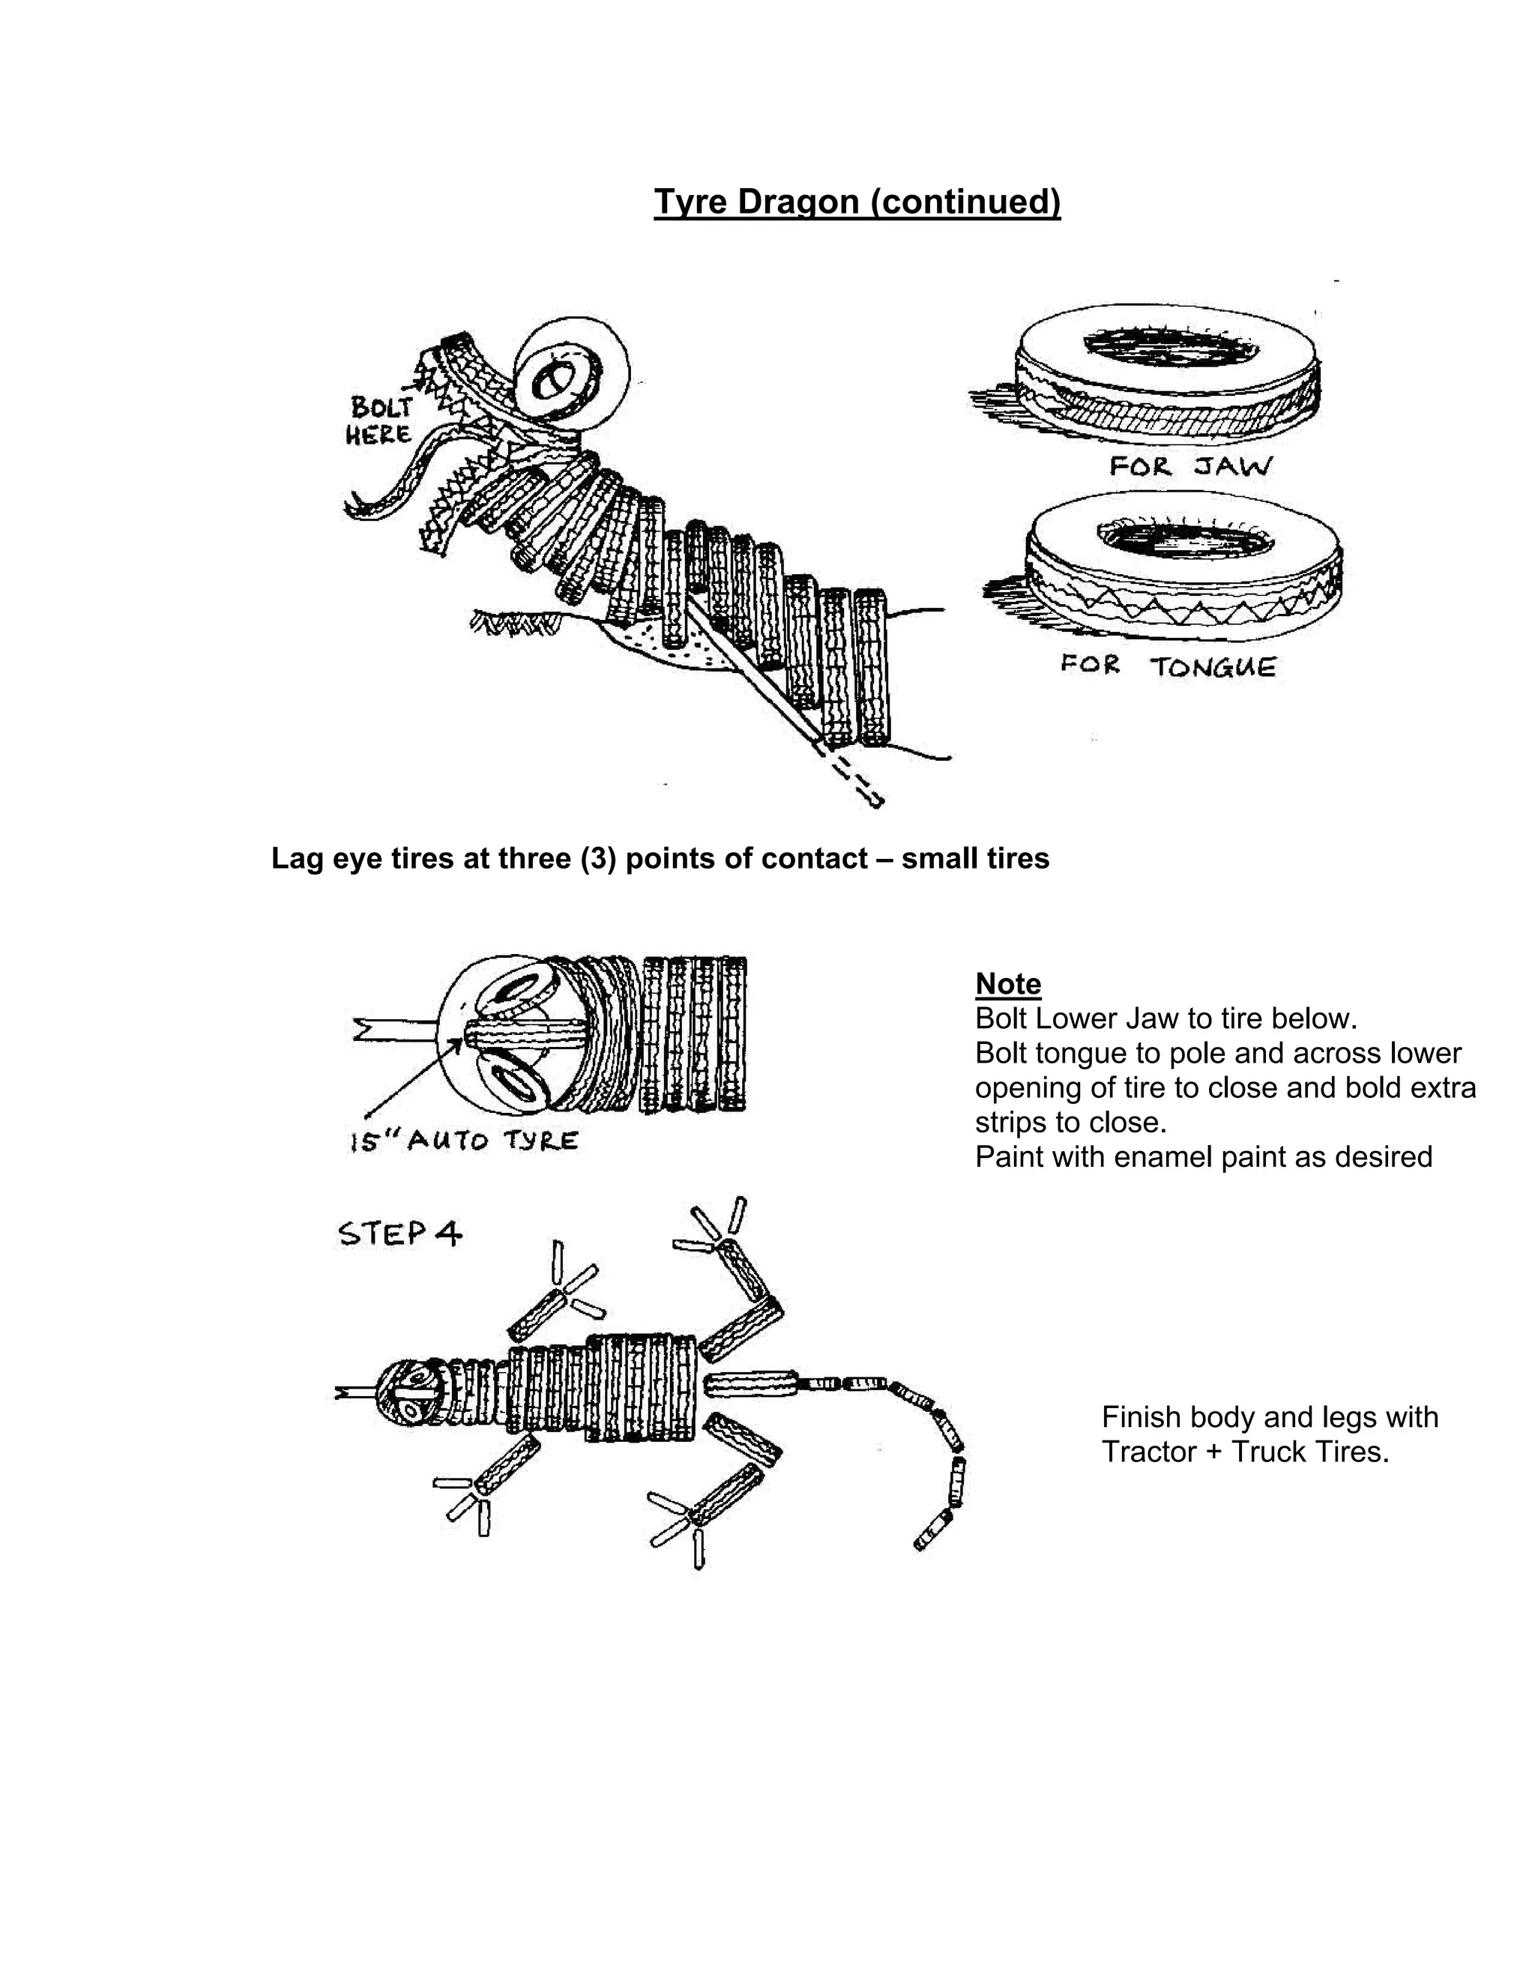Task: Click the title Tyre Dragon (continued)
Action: pyautogui.click(x=857, y=202)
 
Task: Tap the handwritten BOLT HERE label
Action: pyautogui.click(x=379, y=420)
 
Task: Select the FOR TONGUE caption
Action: pyautogui.click(x=1168, y=666)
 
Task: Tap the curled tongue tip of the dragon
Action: pyautogui.click(x=357, y=508)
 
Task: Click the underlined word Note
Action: pyautogui.click(x=1007, y=984)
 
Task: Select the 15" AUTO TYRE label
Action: pyautogui.click(x=464, y=1141)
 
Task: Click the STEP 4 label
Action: pyautogui.click(x=400, y=1234)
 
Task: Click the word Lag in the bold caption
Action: pyautogui.click(x=294, y=858)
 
